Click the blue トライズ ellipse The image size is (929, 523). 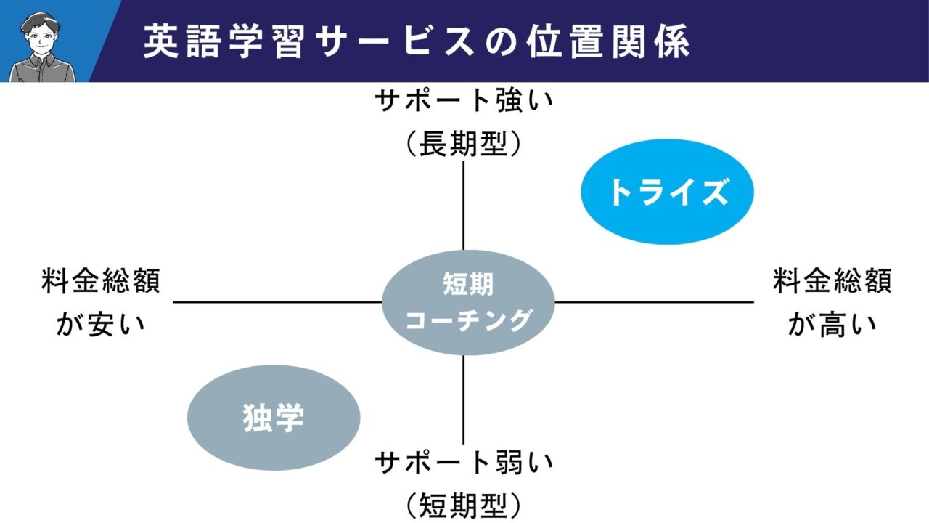click(668, 192)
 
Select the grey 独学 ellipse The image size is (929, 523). click(274, 417)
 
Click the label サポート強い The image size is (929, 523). click(463, 101)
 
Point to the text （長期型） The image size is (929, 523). click(463, 143)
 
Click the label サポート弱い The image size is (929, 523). click(463, 461)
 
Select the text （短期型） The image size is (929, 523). click(463, 503)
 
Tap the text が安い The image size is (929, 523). click(101, 323)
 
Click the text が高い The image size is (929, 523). click(832, 323)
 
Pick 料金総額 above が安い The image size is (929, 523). click(101, 282)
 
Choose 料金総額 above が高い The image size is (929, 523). click(832, 282)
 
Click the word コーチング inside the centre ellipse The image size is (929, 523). click(468, 320)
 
